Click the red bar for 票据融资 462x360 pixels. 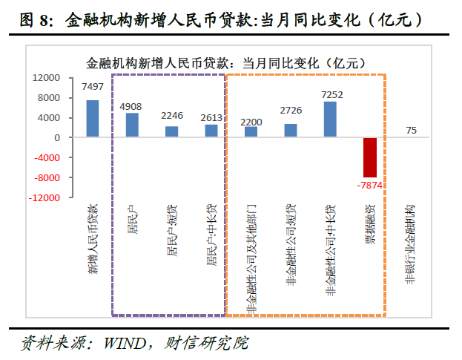pos(370,157)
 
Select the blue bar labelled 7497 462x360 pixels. pos(93,119)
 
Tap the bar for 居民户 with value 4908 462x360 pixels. pos(132,125)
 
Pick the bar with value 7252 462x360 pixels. pos(331,120)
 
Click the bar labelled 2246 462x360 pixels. pos(171,131)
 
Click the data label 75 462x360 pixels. pos(412,131)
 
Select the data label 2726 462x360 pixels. pos(291,111)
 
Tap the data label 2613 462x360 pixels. pos(211,117)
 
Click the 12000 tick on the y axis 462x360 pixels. pos(46,77)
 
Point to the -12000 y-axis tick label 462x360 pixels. pos(44,198)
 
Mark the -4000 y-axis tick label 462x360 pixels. pos(47,158)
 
